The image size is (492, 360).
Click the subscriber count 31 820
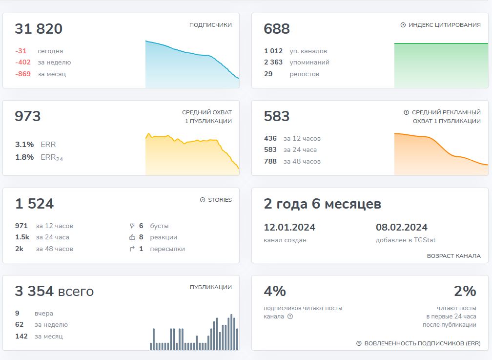tap(39, 29)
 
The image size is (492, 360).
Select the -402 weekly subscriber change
tap(23, 62)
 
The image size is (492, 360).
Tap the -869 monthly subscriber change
tap(23, 74)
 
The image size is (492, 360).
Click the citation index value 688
tap(277, 29)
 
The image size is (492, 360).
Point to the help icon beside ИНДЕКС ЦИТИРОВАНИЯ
tap(403, 25)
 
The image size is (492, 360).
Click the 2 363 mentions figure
tap(273, 62)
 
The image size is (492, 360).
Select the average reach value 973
tap(28, 116)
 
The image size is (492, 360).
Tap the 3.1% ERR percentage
tap(24, 145)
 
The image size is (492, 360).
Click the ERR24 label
tap(52, 157)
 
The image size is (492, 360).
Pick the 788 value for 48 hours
tap(270, 161)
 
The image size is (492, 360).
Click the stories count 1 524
tap(35, 204)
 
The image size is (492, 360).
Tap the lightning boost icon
tap(132, 226)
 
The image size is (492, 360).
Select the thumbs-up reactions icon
tap(132, 237)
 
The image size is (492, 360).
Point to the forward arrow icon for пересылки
tap(132, 249)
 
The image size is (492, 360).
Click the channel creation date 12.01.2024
tap(289, 227)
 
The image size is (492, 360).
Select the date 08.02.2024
tap(402, 227)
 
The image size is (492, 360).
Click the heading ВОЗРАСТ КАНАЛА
tap(454, 256)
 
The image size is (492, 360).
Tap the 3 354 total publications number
tap(34, 291)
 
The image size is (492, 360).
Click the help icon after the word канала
tap(290, 317)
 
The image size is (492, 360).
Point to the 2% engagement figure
tap(465, 291)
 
